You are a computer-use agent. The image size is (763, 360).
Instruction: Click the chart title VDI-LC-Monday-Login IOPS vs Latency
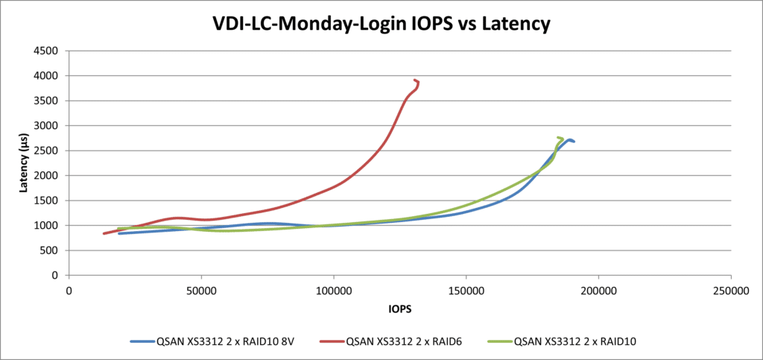tap(381, 24)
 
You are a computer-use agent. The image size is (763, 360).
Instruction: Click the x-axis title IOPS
tap(399, 308)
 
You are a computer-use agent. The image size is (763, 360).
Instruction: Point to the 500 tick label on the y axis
tap(50, 250)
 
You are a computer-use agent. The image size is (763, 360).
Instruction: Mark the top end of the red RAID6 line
tap(414, 80)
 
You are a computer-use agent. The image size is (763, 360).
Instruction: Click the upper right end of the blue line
tap(573, 141)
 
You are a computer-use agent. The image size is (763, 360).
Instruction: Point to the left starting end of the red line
tap(104, 233)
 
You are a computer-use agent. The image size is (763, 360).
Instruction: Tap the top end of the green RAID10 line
tap(559, 137)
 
